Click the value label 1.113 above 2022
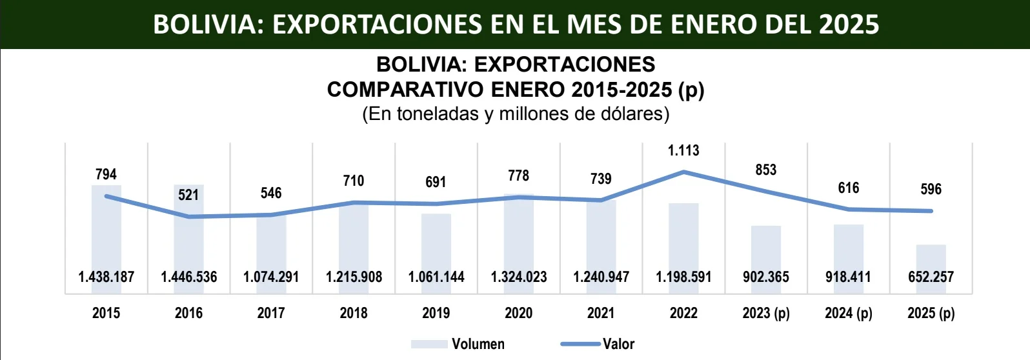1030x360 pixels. [x=683, y=150]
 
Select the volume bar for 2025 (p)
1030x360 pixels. [x=931, y=258]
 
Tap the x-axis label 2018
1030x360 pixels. [x=354, y=313]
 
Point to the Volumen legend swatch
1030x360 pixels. [x=429, y=344]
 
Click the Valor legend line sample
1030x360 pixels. [x=580, y=344]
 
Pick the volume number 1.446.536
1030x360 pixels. [x=188, y=277]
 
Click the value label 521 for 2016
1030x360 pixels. [x=188, y=195]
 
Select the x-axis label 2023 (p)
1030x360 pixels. [x=766, y=313]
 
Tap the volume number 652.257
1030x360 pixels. [x=931, y=277]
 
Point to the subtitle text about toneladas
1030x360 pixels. [x=515, y=114]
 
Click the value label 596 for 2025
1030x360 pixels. [x=931, y=189]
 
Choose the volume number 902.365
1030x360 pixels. [x=766, y=277]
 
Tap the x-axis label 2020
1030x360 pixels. [x=518, y=313]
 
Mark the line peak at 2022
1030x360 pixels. [x=683, y=172]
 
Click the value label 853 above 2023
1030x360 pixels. [x=766, y=170]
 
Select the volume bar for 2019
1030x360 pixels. [x=436, y=245]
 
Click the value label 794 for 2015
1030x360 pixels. [x=106, y=174]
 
